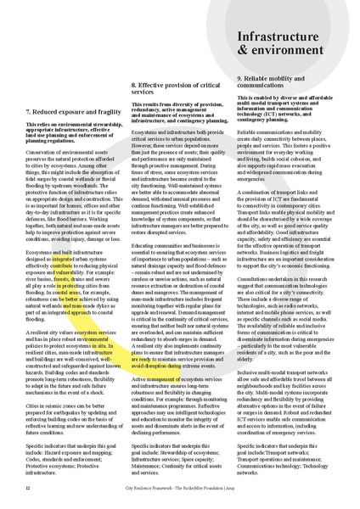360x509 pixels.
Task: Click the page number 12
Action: tap(28, 488)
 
